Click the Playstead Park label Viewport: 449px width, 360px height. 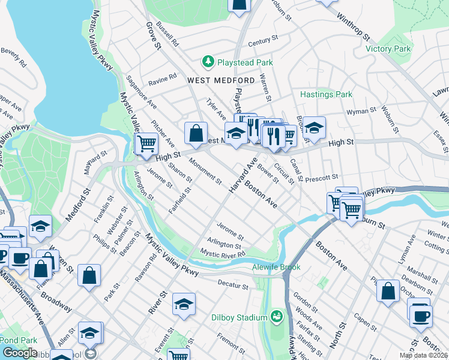(245, 62)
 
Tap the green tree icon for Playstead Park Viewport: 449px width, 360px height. (208, 62)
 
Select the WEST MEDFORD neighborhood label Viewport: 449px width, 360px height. (212, 80)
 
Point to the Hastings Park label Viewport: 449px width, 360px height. (326, 94)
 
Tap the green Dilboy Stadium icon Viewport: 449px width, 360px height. (277, 316)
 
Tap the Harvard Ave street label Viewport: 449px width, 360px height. (243, 175)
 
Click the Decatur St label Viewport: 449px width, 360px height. (234, 286)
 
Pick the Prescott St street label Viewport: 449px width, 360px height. (322, 178)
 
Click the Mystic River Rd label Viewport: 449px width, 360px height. (223, 254)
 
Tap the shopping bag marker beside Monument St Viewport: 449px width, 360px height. (196, 133)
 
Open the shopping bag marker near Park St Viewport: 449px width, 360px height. (89, 275)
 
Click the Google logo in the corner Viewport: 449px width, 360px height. (20, 352)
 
